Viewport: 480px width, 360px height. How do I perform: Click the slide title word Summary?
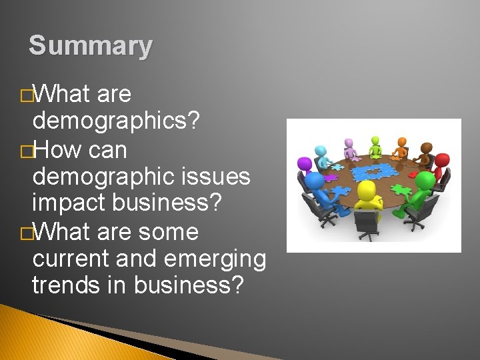[x=91, y=46]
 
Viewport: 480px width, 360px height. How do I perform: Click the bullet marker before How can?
[x=26, y=151]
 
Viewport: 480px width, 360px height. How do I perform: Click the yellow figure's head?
[x=367, y=191]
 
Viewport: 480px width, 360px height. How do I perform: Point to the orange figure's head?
[x=402, y=141]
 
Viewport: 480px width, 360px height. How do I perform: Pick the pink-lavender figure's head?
[x=349, y=143]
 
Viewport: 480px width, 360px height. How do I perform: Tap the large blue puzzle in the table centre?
[x=375, y=172]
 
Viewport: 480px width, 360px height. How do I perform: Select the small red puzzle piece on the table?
[x=413, y=175]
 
